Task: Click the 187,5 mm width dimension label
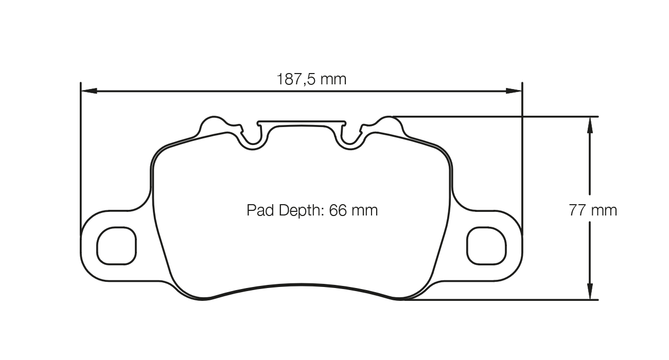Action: point(311,79)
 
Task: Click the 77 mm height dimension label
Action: point(592,210)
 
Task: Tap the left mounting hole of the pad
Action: point(117,245)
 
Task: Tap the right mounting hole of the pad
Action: point(486,245)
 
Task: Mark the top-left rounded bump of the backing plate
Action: point(212,124)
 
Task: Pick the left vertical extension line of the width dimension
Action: point(81,154)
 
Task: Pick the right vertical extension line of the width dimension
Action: point(522,154)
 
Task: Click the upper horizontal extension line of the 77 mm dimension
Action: point(494,116)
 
